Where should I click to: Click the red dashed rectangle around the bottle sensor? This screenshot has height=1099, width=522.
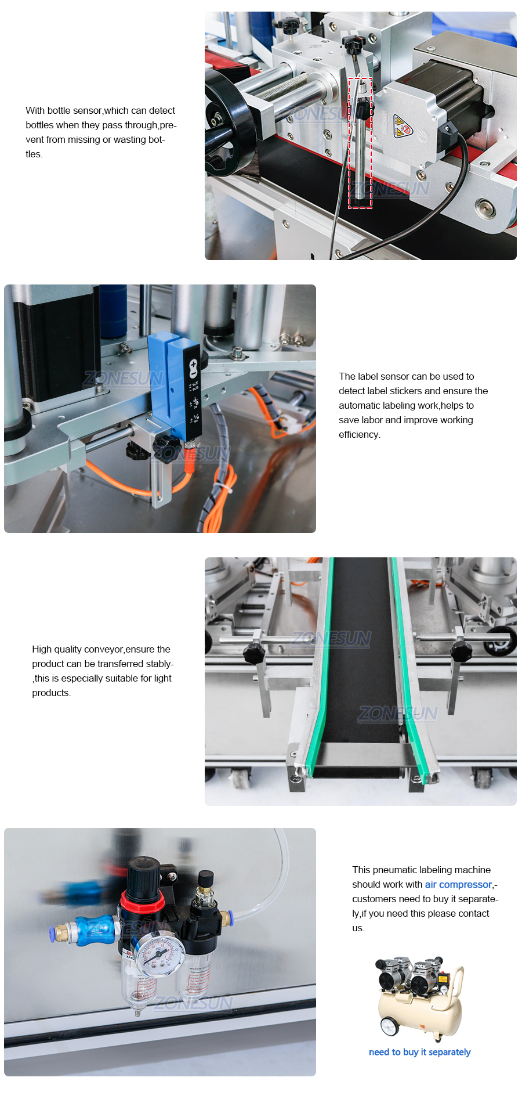tap(360, 143)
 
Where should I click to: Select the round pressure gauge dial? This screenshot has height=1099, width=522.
tap(161, 954)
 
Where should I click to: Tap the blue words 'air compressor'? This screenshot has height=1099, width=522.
tap(458, 884)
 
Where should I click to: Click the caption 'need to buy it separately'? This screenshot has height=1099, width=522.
tap(419, 1052)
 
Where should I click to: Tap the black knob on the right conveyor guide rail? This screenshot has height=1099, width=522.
tap(461, 651)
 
